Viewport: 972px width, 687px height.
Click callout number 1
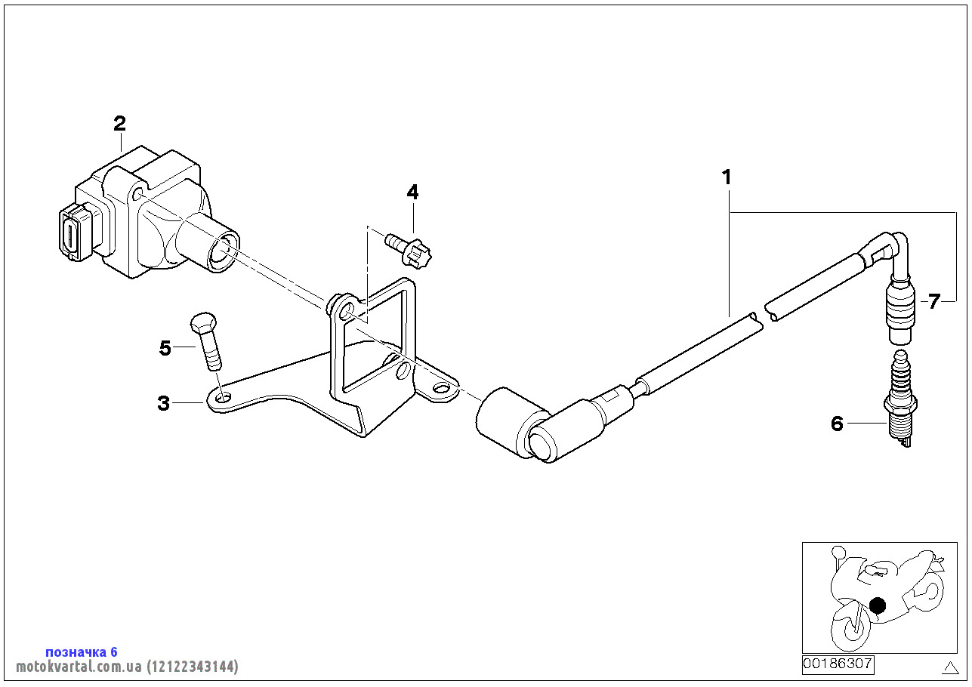tap(727, 178)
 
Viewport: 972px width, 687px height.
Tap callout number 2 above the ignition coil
tap(119, 124)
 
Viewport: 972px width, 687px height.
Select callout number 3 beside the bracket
tap(164, 403)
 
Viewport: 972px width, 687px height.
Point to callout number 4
tap(412, 193)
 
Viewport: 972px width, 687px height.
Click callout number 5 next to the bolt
tap(165, 348)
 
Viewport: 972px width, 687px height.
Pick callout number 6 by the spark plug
tap(837, 424)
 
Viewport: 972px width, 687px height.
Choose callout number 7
tap(934, 302)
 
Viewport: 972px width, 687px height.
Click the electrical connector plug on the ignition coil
tap(73, 233)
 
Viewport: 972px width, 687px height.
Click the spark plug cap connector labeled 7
tap(899, 306)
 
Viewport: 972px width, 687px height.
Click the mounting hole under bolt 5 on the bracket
tap(222, 397)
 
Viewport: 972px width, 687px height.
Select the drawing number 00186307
tap(838, 664)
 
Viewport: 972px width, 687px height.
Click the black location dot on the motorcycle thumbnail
tap(877, 605)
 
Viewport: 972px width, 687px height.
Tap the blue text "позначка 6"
tap(82, 652)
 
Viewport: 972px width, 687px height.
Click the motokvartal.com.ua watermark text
tap(127, 667)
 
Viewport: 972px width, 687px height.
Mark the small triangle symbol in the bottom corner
tap(950, 667)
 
